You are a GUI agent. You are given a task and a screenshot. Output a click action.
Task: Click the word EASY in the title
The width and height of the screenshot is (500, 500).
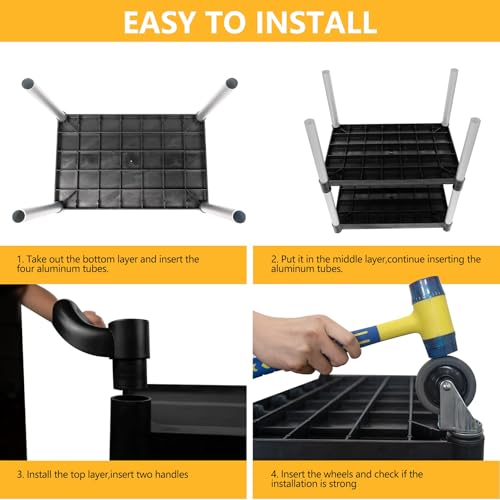[159, 22]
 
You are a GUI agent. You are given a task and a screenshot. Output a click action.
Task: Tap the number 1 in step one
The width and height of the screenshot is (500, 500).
[20, 259]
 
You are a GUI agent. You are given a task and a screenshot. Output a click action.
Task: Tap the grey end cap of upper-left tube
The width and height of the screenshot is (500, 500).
[28, 83]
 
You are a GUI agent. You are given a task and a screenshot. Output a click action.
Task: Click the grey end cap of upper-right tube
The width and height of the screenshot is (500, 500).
[232, 83]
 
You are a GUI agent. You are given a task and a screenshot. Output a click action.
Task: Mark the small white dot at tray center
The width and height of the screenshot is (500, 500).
[131, 161]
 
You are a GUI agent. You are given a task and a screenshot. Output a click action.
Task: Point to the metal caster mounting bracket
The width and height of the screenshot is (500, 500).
[458, 410]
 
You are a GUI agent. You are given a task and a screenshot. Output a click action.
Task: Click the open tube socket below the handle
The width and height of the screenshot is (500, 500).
[131, 400]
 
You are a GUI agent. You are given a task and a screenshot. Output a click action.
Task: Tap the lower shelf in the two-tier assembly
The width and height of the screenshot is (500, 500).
[392, 208]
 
